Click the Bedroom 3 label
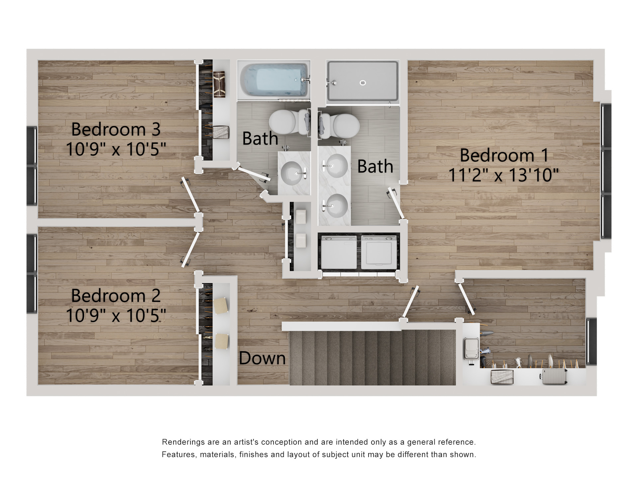click(x=116, y=129)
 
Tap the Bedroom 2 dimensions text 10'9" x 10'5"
click(x=116, y=315)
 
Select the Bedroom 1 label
click(x=504, y=155)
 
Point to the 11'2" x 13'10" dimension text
click(x=504, y=175)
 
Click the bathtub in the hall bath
click(x=274, y=80)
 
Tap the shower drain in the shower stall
click(x=363, y=82)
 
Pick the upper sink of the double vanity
click(x=336, y=166)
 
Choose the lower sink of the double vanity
click(x=336, y=206)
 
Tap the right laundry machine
click(x=379, y=252)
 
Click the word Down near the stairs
click(x=262, y=358)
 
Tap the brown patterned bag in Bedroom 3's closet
click(x=219, y=84)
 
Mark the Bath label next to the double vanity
click(x=375, y=166)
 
